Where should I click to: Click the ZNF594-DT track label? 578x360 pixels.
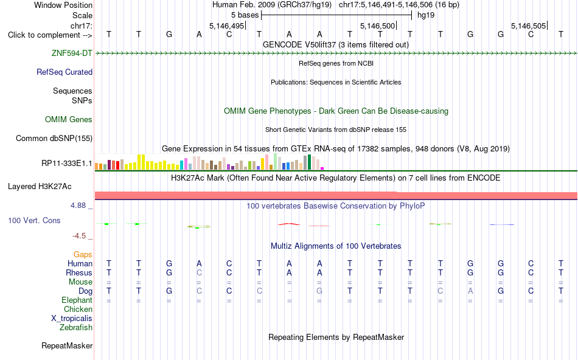[72, 53]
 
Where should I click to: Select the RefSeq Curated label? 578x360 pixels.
[64, 72]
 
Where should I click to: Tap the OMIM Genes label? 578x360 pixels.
[69, 119]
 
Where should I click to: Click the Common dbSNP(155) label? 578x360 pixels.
[54, 138]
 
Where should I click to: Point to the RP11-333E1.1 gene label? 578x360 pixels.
[67, 163]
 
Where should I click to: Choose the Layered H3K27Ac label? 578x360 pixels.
[40, 187]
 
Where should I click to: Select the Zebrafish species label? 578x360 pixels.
[76, 327]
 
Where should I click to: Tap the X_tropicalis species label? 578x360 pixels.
[72, 319]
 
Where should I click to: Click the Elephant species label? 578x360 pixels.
[77, 300]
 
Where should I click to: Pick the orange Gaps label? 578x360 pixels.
[83, 254]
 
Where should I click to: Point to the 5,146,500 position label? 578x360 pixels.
[377, 26]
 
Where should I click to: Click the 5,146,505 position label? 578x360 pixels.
[528, 26]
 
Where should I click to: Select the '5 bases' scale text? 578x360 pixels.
[245, 15]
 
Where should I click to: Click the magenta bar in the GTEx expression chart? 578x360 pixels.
[322, 168]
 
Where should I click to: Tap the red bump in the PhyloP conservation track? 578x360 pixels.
[289, 224]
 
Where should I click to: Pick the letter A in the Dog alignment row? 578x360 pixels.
[470, 291]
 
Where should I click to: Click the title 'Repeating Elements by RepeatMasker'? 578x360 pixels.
[336, 337]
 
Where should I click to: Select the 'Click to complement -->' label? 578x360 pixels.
[50, 35]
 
